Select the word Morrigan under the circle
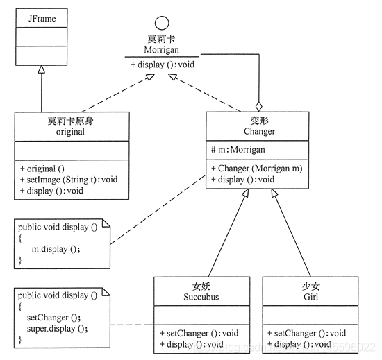tap(161, 50)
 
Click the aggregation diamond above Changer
tap(259, 106)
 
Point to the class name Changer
tap(259, 131)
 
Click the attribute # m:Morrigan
tap(239, 149)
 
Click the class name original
tap(70, 131)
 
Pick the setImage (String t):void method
tap(69, 179)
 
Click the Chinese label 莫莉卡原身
tap(70, 121)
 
